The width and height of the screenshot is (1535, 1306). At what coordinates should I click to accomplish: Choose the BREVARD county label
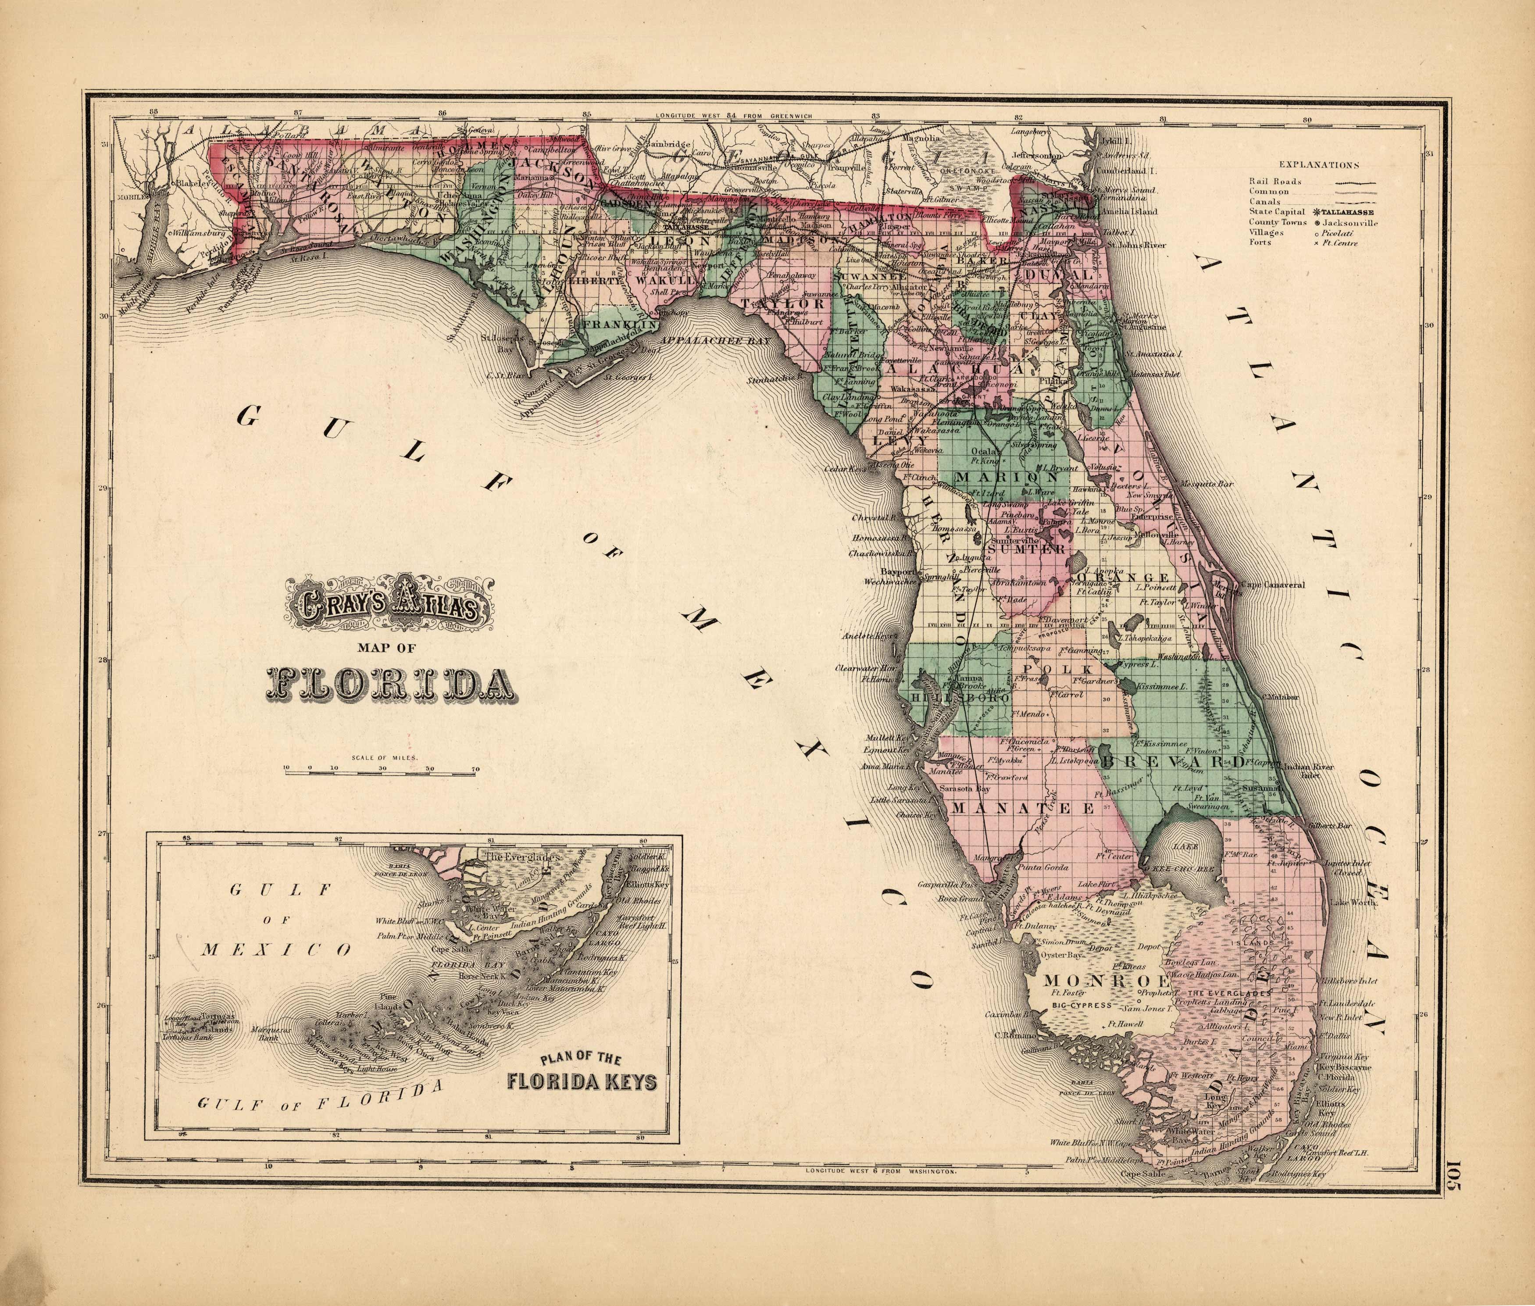click(1168, 761)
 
